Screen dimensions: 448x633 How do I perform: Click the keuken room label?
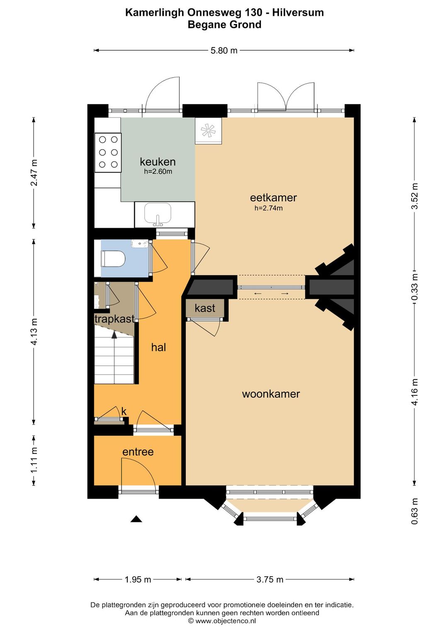pyautogui.click(x=158, y=162)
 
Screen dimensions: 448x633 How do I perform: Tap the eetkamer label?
pyautogui.click(x=273, y=197)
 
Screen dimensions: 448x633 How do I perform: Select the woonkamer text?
pyautogui.click(x=271, y=394)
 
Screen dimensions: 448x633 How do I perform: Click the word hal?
pyautogui.click(x=158, y=347)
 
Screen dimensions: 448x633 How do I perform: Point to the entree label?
pyautogui.click(x=138, y=452)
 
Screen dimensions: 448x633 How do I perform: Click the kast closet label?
pyautogui.click(x=205, y=308)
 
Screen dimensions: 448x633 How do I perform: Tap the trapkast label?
pyautogui.click(x=114, y=319)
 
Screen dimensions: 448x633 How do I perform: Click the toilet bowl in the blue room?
pyautogui.click(x=113, y=258)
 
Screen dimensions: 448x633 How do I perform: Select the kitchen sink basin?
pyautogui.click(x=158, y=213)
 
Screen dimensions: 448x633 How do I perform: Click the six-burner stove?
pyautogui.click(x=108, y=152)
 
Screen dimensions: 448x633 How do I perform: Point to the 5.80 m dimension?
pyautogui.click(x=224, y=51)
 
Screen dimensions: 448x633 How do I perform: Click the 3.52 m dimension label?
pyautogui.click(x=415, y=196)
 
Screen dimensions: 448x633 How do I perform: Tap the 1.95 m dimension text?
pyautogui.click(x=138, y=579)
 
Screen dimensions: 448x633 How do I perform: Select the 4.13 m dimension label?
pyautogui.click(x=34, y=332)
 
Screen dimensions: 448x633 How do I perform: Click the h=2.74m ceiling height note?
pyautogui.click(x=268, y=208)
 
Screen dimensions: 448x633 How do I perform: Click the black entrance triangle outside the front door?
pyautogui.click(x=136, y=519)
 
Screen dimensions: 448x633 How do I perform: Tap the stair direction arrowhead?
pyautogui.click(x=114, y=335)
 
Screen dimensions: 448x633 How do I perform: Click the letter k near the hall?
pyautogui.click(x=124, y=412)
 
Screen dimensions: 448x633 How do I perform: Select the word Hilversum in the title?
pyautogui.click(x=298, y=12)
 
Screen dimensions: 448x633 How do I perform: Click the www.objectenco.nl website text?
pyautogui.click(x=226, y=621)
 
